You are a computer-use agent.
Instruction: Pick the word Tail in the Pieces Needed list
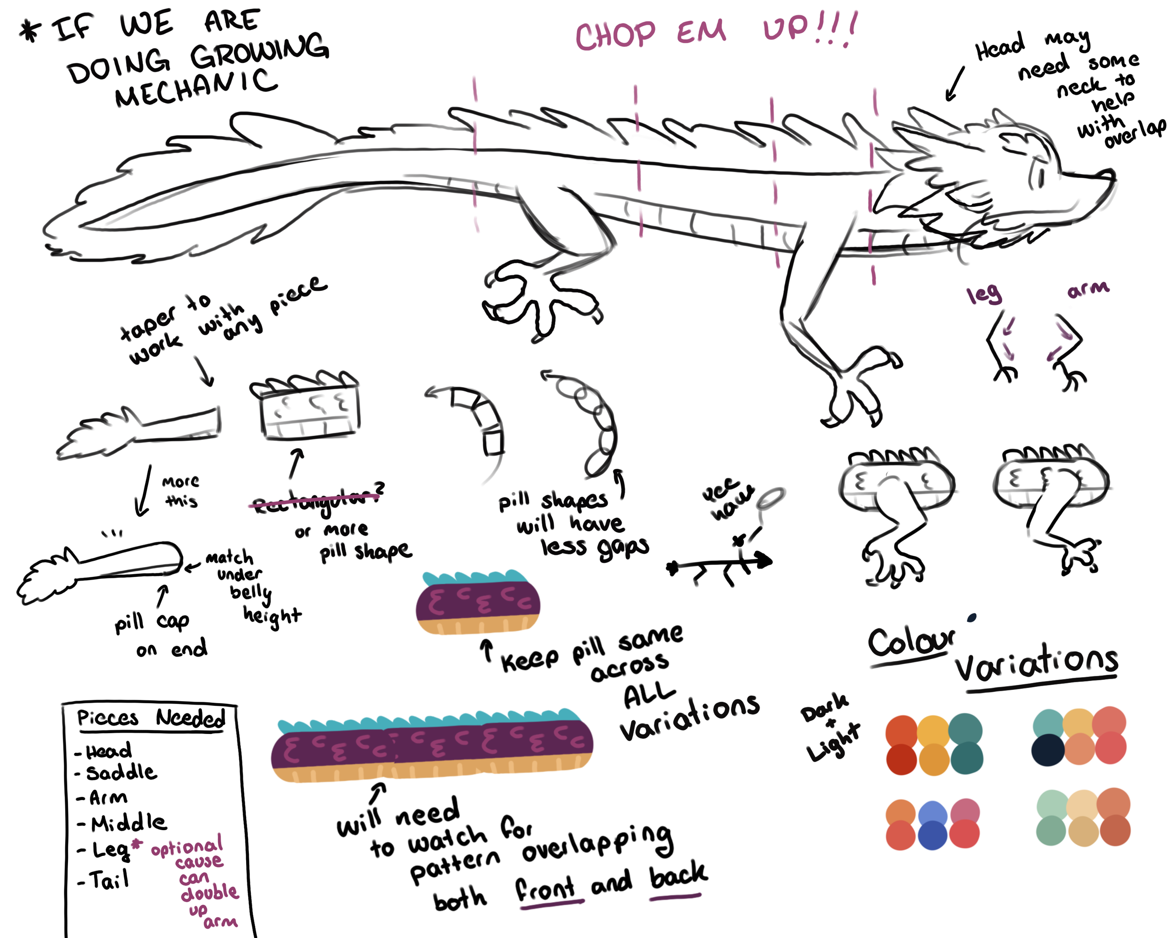pos(109,880)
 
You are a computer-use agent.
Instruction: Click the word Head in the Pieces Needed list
pos(109,751)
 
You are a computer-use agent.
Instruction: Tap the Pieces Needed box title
pos(150,719)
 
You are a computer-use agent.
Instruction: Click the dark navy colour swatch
pos(1047,750)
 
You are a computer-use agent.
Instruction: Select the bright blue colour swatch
pos(933,816)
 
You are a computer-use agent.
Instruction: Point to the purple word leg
pos(984,295)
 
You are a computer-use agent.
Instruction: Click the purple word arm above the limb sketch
pos(1088,290)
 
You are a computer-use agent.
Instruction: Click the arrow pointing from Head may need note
pos(955,84)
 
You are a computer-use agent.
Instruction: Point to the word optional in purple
pos(187,846)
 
